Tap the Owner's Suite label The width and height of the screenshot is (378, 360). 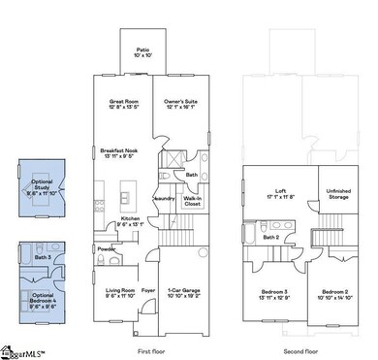pos(180,103)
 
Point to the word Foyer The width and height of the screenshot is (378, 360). pos(148,288)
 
